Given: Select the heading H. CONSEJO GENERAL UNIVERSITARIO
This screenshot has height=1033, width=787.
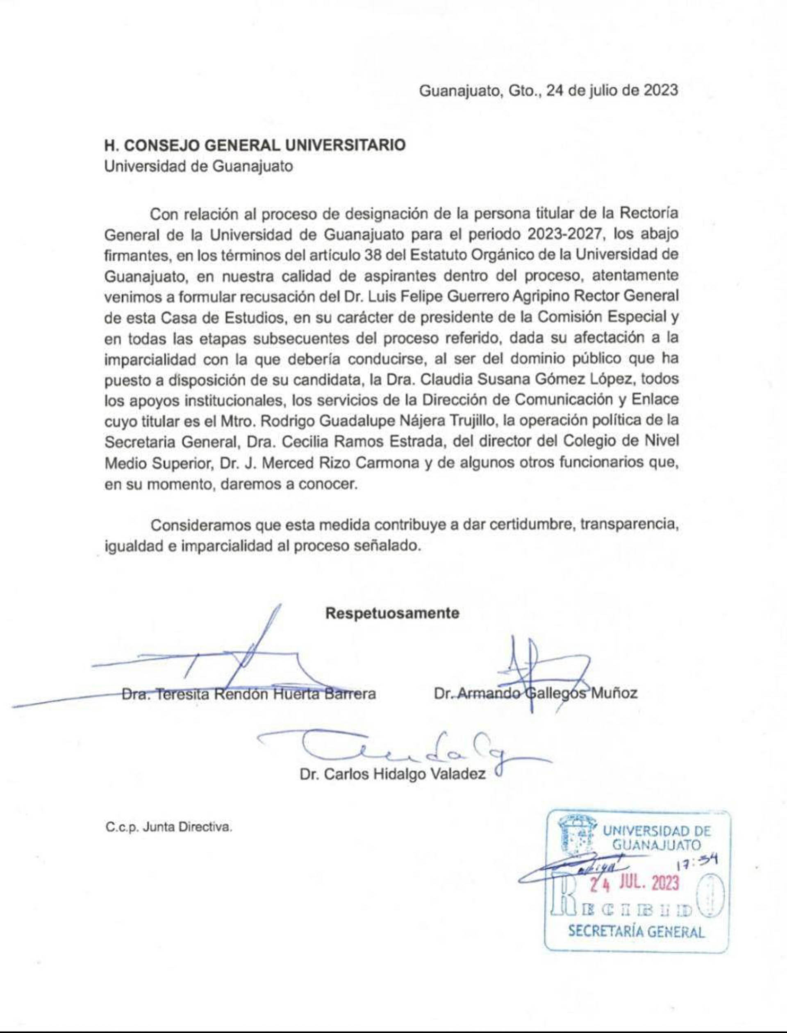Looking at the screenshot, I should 255,145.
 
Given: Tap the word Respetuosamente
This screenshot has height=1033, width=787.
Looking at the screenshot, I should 392,613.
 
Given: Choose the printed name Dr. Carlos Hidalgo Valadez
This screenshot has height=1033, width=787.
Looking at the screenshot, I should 393,774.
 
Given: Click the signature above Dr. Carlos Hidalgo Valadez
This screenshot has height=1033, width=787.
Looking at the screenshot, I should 403,749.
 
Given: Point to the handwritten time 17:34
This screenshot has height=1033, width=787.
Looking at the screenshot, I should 698,860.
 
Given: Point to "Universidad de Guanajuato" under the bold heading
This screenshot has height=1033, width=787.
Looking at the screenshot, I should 199,167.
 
